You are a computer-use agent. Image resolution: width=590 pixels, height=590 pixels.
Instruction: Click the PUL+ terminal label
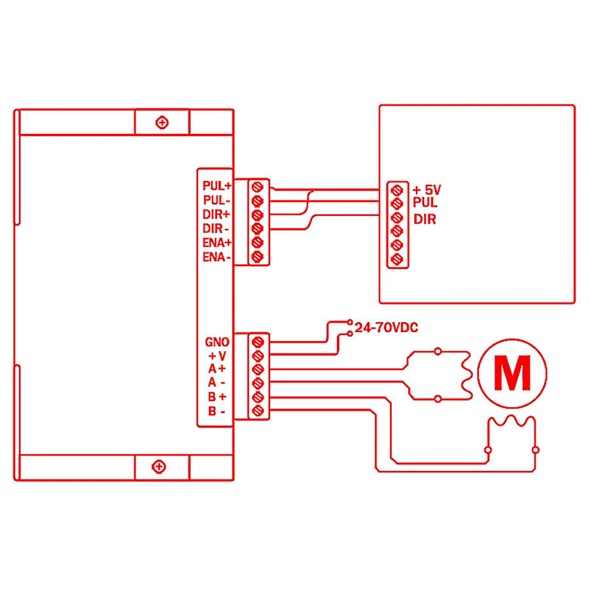pos(217,185)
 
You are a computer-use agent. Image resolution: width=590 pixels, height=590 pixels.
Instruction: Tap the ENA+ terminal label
pos(217,242)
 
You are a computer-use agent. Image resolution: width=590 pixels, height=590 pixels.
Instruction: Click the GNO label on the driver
pos(217,342)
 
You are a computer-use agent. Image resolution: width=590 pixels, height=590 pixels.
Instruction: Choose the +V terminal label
pos(217,356)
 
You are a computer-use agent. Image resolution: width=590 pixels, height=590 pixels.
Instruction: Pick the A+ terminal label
pos(217,369)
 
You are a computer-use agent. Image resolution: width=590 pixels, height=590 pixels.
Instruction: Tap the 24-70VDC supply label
pos(386,328)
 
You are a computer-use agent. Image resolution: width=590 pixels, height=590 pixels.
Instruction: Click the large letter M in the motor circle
pos(512,373)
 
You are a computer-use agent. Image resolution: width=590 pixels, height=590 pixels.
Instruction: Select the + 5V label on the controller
pos(427,190)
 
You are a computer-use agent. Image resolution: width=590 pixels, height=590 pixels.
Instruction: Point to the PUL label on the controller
pos(425,203)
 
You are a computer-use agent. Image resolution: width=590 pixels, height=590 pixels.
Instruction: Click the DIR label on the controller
pos(425,219)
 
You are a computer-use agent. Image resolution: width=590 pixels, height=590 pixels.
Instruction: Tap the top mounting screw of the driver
pos(161,123)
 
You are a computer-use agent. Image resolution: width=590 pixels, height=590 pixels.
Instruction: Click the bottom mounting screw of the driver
pos(159,467)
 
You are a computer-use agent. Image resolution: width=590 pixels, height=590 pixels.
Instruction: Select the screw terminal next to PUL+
pos(257,186)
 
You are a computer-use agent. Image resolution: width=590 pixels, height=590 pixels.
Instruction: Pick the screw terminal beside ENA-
pos(257,257)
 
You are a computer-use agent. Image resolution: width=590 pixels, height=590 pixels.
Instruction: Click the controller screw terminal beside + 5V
pos(397,190)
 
